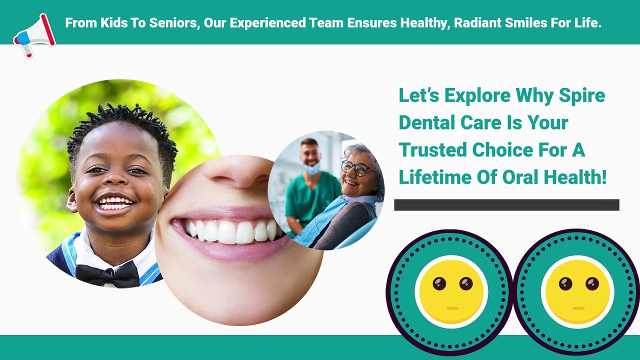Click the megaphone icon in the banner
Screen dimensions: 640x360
click(x=34, y=35)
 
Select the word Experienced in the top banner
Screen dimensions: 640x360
click(x=267, y=23)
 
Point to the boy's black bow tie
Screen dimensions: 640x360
click(x=107, y=274)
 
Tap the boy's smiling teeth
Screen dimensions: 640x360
click(x=115, y=202)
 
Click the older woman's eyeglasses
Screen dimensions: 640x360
click(x=357, y=168)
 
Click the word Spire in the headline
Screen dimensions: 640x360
click(x=582, y=95)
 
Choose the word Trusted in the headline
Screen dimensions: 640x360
click(x=433, y=150)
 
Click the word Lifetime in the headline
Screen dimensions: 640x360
click(x=435, y=177)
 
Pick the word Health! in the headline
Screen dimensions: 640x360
click(x=575, y=177)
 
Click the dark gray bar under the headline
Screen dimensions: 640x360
click(x=507, y=205)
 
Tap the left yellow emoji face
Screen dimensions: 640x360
click(x=451, y=291)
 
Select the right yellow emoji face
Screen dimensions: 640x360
click(x=577, y=291)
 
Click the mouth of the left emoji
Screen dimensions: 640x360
click(x=452, y=308)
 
